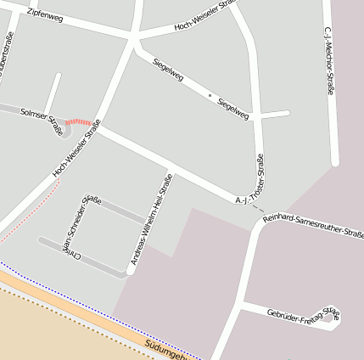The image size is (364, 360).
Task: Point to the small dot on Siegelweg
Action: point(210,96)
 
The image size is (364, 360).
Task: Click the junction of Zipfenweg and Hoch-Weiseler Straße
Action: point(133,37)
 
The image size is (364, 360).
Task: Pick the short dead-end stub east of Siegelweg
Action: point(273,114)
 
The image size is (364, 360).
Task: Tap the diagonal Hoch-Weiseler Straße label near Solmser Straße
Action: point(76,149)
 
